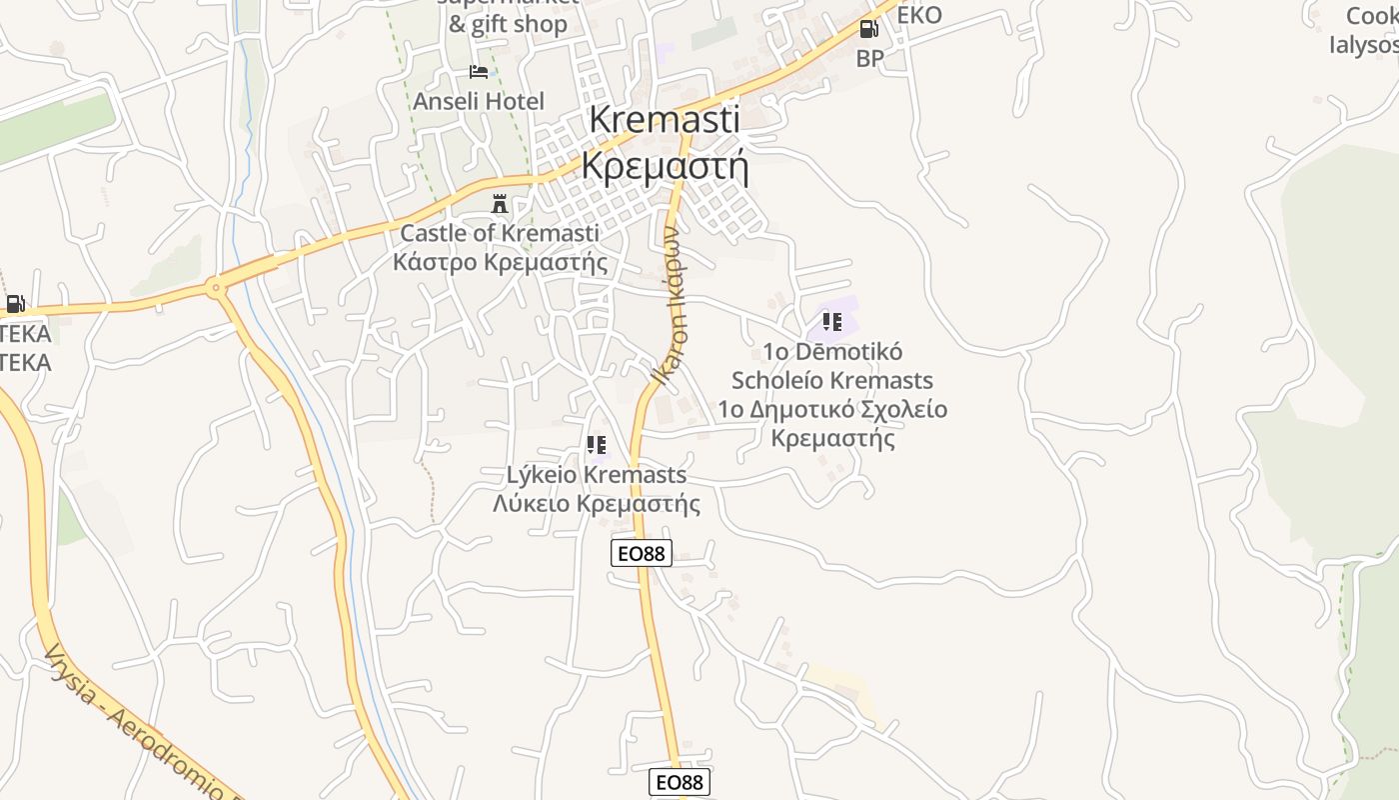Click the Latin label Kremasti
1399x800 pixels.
pos(665,119)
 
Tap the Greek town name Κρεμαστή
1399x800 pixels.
pos(665,165)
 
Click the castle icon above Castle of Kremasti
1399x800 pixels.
pos(499,204)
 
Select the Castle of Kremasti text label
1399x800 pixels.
pos(500,233)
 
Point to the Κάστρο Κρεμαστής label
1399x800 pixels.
pos(500,262)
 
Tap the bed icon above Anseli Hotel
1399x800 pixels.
pos(479,72)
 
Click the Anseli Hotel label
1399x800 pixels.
pos(479,101)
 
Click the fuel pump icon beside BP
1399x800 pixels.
pos(868,29)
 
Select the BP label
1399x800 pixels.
pos(869,58)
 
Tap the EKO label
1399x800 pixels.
pos(919,15)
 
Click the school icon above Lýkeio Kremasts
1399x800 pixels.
pos(597,445)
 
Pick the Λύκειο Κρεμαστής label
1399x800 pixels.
pos(597,503)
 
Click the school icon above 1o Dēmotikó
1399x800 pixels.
pos(831,322)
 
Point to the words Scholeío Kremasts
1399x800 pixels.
pos(832,380)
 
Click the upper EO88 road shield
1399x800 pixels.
pos(642,552)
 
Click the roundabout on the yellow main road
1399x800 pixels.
pos(215,289)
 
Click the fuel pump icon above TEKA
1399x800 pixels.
pos(15,304)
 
